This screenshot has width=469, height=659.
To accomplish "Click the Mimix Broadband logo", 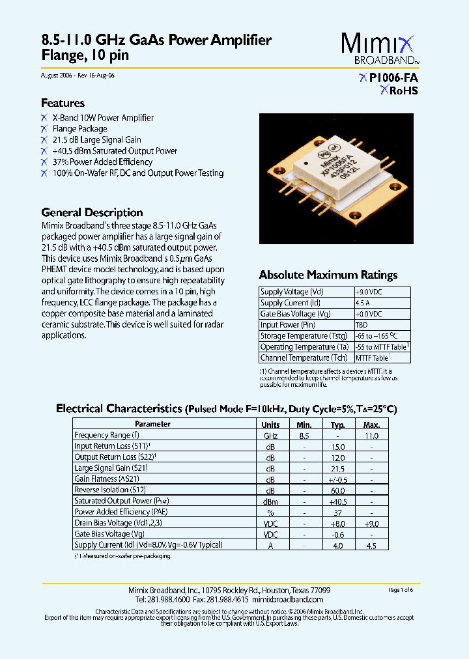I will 380,49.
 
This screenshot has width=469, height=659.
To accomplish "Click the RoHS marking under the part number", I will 399,91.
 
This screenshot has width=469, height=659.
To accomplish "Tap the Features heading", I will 63,103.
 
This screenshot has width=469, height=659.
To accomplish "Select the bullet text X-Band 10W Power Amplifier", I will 103,118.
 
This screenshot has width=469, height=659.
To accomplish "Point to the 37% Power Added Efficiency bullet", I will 102,162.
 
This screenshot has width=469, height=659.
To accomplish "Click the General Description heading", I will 92,212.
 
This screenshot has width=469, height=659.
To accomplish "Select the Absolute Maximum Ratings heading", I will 328,275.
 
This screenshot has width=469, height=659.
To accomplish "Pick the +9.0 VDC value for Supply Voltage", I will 368,292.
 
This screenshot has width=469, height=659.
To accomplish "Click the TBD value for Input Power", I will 362,325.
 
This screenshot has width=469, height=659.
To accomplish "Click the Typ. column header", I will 337,424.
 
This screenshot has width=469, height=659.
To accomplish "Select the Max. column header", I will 371,424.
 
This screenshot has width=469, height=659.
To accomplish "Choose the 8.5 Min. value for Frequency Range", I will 304,435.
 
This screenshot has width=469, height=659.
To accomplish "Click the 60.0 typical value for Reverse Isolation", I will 337,490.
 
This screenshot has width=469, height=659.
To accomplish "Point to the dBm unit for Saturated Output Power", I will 270,501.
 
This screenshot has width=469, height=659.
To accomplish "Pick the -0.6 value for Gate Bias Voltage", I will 337,534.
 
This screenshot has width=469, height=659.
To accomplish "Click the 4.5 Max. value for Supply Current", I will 371,545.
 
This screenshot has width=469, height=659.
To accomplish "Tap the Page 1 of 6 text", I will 401,590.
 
